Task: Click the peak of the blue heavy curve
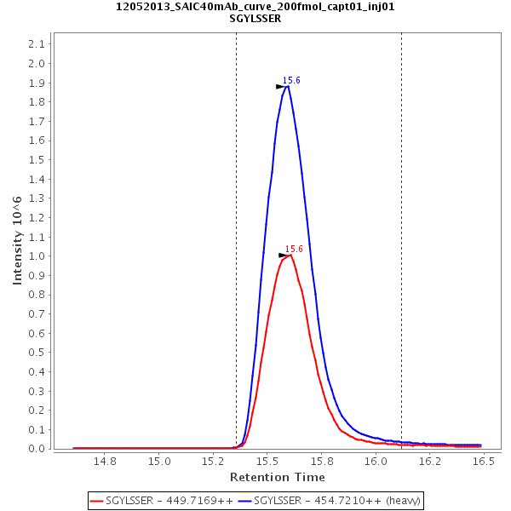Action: [x=288, y=86]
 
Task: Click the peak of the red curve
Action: [x=290, y=255]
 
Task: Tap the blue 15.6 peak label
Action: [x=291, y=80]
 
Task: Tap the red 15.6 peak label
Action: [x=294, y=249]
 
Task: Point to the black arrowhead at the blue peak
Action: [x=281, y=87]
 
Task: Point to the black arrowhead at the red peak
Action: [x=284, y=255]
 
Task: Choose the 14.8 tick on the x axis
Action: [x=105, y=462]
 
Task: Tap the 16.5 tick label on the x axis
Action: [x=484, y=462]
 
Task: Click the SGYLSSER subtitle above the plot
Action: [x=255, y=18]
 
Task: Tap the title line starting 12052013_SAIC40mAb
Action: [x=255, y=6]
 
